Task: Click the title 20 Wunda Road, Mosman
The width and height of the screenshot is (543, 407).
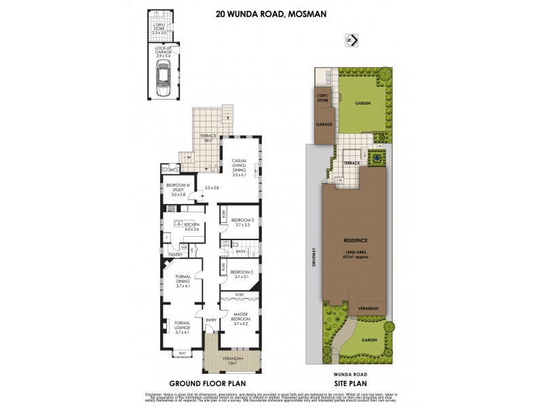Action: point(271,12)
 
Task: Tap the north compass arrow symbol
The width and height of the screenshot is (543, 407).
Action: point(352,39)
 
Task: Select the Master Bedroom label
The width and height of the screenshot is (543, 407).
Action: point(238,316)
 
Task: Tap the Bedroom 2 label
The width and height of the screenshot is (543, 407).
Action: point(242,274)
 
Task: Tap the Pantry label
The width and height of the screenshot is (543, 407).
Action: point(175,254)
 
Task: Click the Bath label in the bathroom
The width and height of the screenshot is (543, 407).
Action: point(241,252)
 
